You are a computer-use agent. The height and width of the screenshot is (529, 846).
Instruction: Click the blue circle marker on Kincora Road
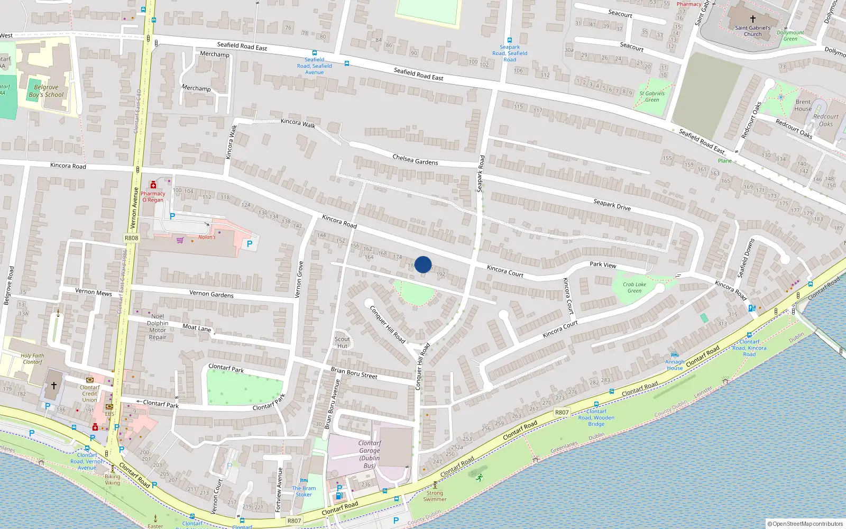(x=423, y=264)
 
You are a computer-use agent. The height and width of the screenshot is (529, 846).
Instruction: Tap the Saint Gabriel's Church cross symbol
(x=752, y=19)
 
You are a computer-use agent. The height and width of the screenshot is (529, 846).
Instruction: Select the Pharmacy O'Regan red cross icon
(x=153, y=185)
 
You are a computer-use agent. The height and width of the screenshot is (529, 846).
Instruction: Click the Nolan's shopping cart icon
(x=180, y=240)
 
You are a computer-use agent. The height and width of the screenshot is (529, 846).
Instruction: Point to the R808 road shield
(x=131, y=238)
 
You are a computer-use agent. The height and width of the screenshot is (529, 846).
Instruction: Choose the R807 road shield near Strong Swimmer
(x=294, y=521)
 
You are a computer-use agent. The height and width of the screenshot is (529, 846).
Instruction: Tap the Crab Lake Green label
(x=635, y=287)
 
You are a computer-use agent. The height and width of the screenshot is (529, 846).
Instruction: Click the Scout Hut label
(x=342, y=342)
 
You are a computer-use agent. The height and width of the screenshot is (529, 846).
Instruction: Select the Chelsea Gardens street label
(x=415, y=159)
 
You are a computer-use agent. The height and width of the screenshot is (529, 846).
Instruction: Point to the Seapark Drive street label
(x=612, y=205)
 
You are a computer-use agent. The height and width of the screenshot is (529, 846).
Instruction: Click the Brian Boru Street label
(x=354, y=373)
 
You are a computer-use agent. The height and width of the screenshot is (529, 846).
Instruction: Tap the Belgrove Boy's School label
(x=46, y=91)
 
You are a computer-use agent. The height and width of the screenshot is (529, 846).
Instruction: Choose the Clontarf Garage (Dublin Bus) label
(x=370, y=454)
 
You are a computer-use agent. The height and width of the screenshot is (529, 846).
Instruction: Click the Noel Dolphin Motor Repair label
(x=158, y=326)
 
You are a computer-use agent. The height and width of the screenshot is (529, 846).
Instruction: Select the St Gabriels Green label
(x=652, y=96)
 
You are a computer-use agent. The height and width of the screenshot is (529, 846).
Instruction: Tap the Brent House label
(x=803, y=105)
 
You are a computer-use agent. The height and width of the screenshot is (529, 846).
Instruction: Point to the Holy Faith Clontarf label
(x=32, y=359)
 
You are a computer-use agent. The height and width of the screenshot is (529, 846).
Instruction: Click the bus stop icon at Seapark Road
(x=510, y=40)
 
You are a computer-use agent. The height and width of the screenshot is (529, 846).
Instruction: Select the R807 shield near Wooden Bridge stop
(x=562, y=412)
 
